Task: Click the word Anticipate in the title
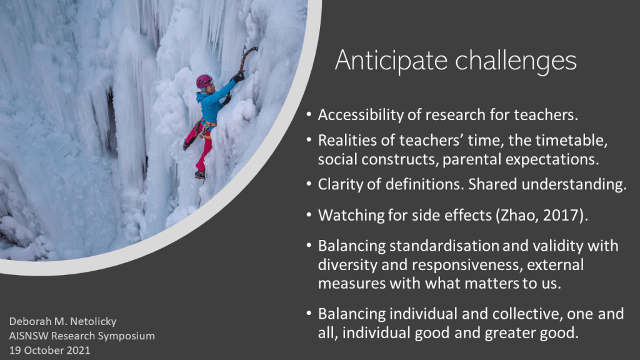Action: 391,61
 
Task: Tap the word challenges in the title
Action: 516,61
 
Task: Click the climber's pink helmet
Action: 204,81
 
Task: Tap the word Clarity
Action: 340,184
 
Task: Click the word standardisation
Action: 444,246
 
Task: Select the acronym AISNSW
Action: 28,336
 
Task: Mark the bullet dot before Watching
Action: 309,216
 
